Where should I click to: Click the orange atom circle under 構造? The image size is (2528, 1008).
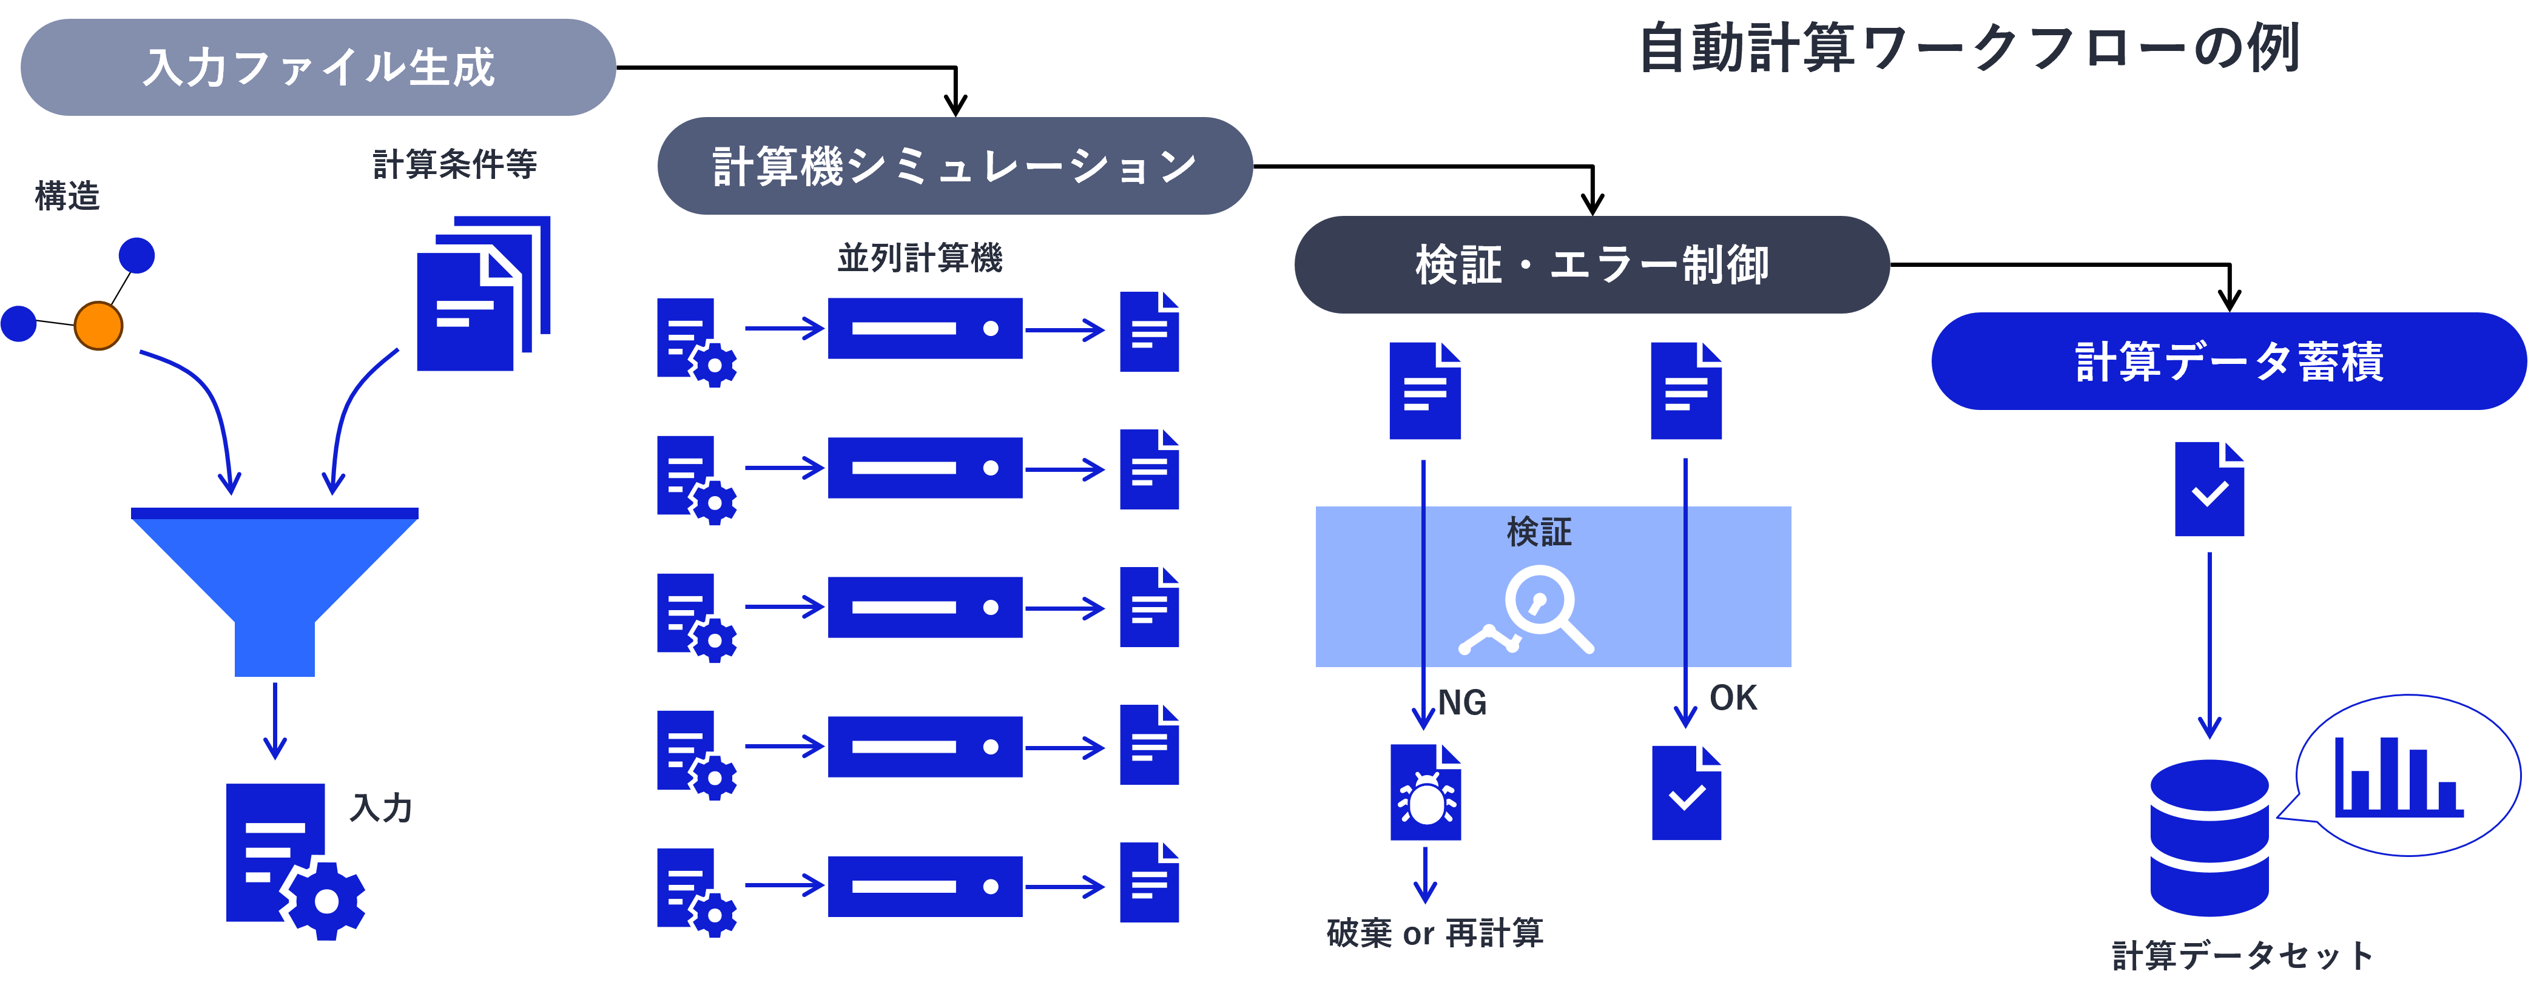coord(98,326)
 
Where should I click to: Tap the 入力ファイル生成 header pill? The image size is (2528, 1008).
coord(318,67)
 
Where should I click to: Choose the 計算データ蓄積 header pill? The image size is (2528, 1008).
coord(2228,361)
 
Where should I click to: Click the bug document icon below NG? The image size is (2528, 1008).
coord(1425,793)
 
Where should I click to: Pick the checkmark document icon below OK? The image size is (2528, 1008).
coord(1686,793)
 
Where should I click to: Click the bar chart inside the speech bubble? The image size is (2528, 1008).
coord(2398,778)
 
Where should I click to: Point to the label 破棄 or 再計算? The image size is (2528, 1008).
coord(1435,932)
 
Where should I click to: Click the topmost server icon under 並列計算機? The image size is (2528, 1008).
coord(925,329)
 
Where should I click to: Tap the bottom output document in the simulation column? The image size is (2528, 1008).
coord(1149,882)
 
